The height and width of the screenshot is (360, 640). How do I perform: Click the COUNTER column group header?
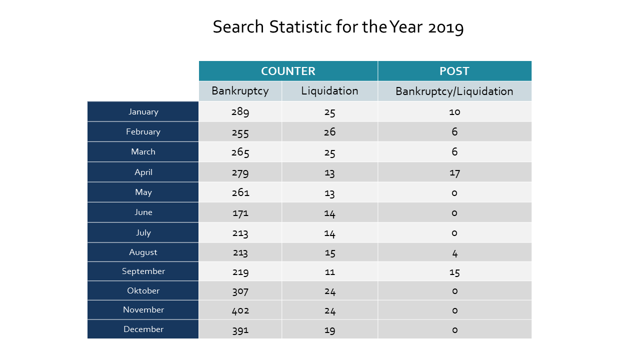point(288,71)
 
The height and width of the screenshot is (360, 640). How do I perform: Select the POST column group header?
point(454,71)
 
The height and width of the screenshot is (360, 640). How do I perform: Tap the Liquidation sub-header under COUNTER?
point(329,91)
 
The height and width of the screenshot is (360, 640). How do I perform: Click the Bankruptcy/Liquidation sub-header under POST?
point(454,91)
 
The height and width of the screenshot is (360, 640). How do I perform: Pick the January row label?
point(143,111)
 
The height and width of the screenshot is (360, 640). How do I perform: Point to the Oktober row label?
point(143,290)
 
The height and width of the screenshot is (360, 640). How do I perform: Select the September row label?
point(143,271)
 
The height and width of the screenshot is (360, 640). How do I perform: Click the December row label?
point(143,329)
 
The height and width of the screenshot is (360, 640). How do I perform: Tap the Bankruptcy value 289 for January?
point(240,111)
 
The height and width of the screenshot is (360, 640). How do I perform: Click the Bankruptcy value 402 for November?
point(240,310)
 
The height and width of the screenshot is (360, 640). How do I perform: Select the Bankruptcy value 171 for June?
point(240,213)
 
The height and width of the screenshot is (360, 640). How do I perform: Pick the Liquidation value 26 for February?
point(329,131)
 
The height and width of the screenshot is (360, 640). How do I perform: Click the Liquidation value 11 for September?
point(329,272)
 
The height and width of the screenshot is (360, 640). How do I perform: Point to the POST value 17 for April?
point(454,173)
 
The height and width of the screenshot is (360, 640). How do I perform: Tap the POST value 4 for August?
point(455,253)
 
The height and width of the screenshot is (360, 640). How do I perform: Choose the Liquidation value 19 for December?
point(329,330)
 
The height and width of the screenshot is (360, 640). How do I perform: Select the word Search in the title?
point(238,27)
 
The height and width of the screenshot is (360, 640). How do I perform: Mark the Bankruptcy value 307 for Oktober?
point(240,291)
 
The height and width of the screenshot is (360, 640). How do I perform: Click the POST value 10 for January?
point(454,111)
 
